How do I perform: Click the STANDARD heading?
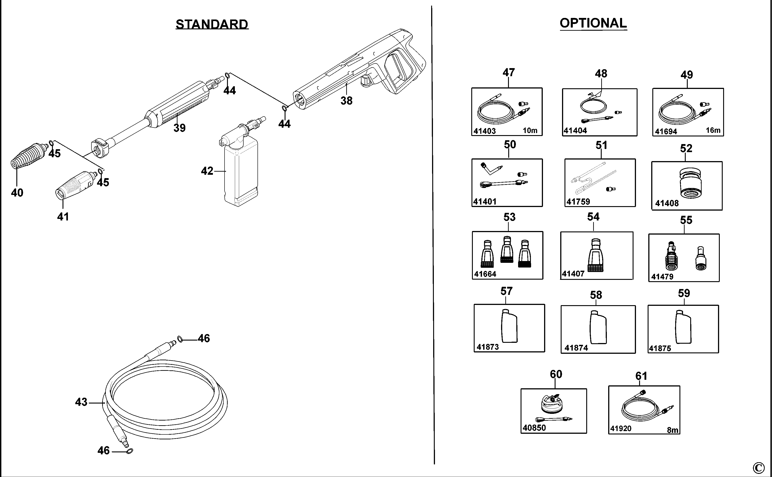point(212,24)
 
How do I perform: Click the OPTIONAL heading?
point(593,23)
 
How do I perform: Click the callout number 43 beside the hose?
point(81,402)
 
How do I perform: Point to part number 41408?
point(667,203)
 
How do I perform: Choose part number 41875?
point(660,348)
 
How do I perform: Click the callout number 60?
point(556,374)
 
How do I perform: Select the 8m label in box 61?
point(673,430)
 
